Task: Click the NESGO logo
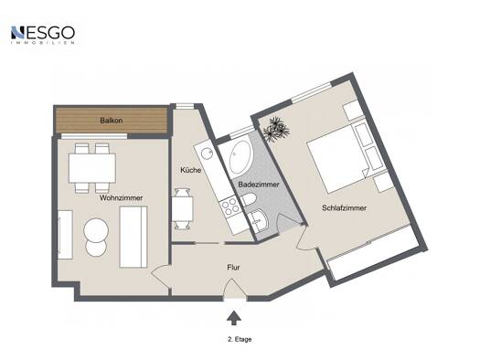(43, 35)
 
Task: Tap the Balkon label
(112, 121)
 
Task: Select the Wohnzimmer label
(122, 198)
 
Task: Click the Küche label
(190, 170)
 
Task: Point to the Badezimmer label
(259, 185)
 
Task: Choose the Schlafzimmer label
(344, 208)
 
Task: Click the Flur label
(233, 268)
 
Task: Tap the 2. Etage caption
(240, 339)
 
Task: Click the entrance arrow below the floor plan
(233, 318)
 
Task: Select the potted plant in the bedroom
(275, 129)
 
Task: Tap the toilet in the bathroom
(249, 200)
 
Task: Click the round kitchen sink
(208, 153)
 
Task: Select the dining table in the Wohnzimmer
(92, 168)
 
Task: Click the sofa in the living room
(133, 237)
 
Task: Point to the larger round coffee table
(96, 229)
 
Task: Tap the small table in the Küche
(183, 208)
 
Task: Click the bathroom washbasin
(259, 220)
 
